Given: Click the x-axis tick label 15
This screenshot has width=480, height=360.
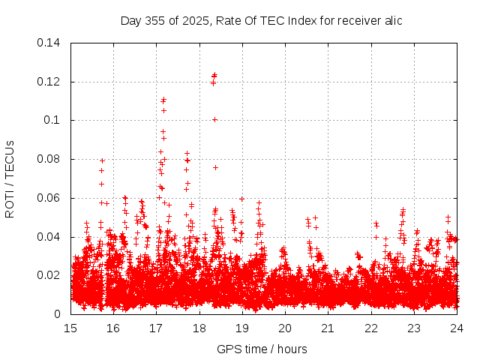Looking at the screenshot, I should coord(71,328).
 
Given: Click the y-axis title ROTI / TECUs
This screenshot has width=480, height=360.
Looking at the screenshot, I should coord(10,178).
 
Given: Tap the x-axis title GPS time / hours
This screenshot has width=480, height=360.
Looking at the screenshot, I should coord(262,349).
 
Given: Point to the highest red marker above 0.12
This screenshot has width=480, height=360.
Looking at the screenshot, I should coord(214,74).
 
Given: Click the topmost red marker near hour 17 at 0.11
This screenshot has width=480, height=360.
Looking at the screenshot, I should coord(163,99).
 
